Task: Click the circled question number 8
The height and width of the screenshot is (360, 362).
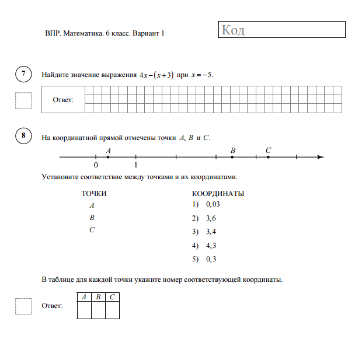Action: tap(23, 137)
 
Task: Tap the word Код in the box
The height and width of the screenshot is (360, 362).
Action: tap(234, 30)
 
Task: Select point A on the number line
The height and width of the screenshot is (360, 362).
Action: tap(108, 157)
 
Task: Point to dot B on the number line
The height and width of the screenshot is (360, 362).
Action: tap(232, 157)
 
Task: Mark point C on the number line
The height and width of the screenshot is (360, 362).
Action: tap(268, 157)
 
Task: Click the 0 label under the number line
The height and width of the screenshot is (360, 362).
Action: tap(96, 166)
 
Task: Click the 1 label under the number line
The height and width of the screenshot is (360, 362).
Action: tap(135, 166)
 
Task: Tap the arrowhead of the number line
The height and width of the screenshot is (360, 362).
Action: tap(320, 157)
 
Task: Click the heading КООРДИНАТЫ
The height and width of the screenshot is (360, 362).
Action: tap(218, 193)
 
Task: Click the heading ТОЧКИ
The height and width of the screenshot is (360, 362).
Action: tap(93, 193)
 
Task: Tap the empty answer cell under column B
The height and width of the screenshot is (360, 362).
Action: tap(98, 310)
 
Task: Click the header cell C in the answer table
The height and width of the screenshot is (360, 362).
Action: tap(112, 297)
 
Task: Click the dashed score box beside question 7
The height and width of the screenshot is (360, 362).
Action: tap(23, 100)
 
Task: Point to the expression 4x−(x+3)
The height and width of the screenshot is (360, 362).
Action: tap(156, 75)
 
